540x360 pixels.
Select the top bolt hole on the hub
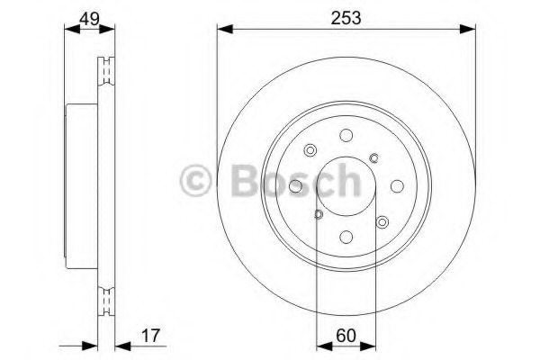(346, 136)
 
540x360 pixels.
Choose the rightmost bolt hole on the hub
(397, 187)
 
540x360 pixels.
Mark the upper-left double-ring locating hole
(310, 151)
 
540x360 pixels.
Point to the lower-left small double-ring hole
(318, 214)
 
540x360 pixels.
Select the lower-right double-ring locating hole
(382, 222)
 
